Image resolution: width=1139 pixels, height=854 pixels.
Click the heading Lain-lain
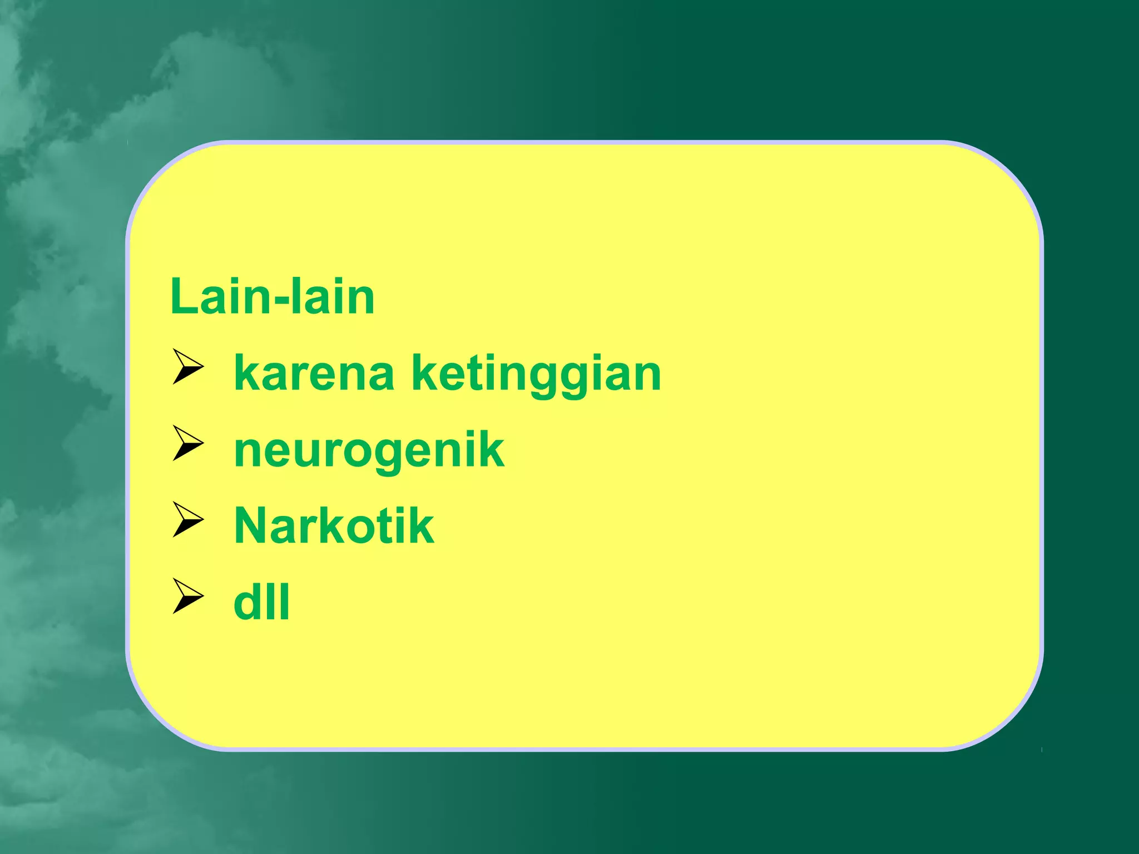tap(272, 297)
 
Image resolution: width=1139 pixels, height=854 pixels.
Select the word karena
tap(314, 374)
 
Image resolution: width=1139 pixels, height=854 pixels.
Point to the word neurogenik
tap(369, 451)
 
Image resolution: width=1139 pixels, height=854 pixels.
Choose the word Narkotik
tap(334, 526)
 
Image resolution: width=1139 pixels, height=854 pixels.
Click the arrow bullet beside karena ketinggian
tap(187, 367)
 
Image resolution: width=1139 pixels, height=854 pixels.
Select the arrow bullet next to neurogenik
tap(187, 443)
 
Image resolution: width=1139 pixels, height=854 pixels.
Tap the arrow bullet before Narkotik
tap(187, 520)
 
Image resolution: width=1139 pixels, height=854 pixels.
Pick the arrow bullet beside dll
tap(187, 596)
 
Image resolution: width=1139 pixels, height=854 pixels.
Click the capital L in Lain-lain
tap(184, 297)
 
